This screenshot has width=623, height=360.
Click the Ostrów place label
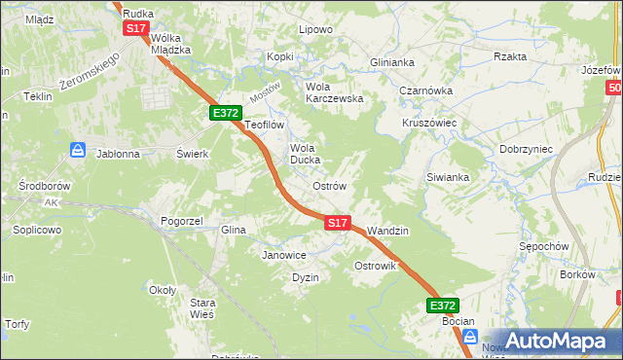coord(329,185)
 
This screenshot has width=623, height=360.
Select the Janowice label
coord(284,255)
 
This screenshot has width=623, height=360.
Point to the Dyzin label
coord(306,277)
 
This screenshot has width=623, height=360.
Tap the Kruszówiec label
coord(429,124)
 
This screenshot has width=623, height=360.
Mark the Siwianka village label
coord(448,177)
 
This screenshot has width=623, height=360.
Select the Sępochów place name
coord(543,246)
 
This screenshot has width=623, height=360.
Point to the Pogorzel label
coord(181,221)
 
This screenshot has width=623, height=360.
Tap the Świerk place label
coord(193,154)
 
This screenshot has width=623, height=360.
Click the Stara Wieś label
coord(202,308)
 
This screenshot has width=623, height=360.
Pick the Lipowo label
coord(315,29)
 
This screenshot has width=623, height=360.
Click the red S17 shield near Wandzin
coord(337,223)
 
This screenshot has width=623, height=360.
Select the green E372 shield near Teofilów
coord(226,114)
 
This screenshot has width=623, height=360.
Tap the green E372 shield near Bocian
coord(443,305)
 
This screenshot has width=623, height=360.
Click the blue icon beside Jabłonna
coord(77,151)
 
